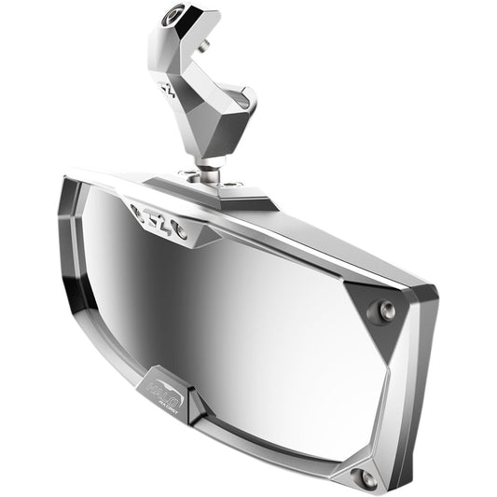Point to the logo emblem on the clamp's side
pos(168,90)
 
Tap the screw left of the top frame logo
pos(136,213)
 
